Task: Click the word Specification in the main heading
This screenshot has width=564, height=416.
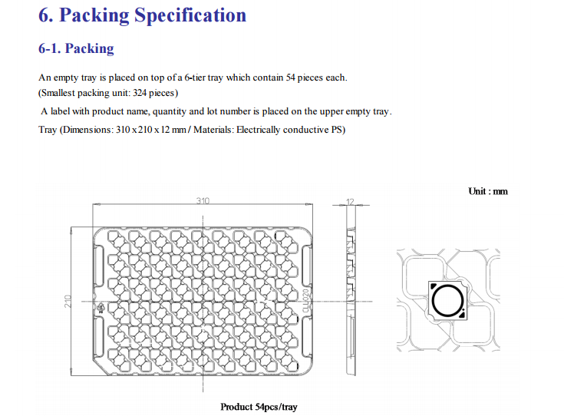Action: (x=190, y=16)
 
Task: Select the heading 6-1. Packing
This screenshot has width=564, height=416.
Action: (x=76, y=48)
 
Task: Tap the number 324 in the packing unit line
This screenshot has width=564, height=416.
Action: (x=140, y=93)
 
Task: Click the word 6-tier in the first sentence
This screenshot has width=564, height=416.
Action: (x=195, y=78)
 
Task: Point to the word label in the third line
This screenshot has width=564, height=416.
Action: (x=60, y=111)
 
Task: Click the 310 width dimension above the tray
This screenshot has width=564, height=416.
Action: (x=203, y=200)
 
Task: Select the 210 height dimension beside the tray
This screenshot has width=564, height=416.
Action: (x=68, y=301)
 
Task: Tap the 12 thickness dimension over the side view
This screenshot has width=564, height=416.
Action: (x=350, y=202)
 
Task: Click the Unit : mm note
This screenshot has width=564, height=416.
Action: (x=488, y=191)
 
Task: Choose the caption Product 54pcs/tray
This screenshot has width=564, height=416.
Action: (x=259, y=407)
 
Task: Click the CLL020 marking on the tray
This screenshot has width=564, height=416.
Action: (x=305, y=300)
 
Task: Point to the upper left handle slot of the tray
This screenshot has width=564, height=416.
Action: (x=98, y=266)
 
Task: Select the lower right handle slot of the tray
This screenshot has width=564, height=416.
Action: (x=307, y=338)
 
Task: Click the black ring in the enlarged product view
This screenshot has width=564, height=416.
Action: (x=448, y=301)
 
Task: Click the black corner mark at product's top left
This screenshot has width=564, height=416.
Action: (x=434, y=286)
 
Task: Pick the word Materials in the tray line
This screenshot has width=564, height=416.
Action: (x=213, y=130)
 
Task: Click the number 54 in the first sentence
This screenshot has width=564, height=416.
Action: (x=290, y=78)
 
